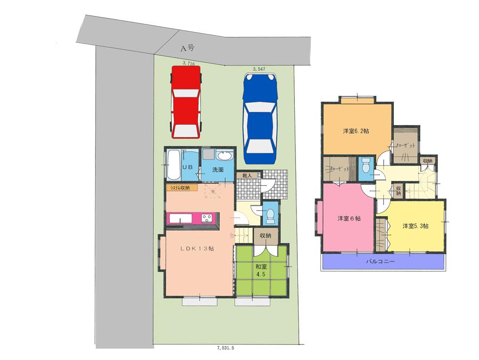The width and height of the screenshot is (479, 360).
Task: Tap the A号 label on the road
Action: [187, 48]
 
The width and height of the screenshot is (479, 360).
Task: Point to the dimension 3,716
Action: [188, 63]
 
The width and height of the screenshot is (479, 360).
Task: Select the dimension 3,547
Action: [259, 68]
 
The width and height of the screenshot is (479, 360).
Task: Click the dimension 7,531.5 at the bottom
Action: [226, 347]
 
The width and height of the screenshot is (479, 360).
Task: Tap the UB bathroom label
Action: [187, 167]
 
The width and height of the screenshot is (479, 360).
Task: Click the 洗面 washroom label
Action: [218, 170]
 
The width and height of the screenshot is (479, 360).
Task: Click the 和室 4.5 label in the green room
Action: [260, 270]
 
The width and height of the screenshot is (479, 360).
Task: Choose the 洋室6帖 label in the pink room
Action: [349, 218]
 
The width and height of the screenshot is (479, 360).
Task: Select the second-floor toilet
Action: [366, 166]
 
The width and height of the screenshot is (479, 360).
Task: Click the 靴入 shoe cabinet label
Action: [247, 175]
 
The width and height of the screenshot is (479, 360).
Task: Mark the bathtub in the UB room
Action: [173, 165]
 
